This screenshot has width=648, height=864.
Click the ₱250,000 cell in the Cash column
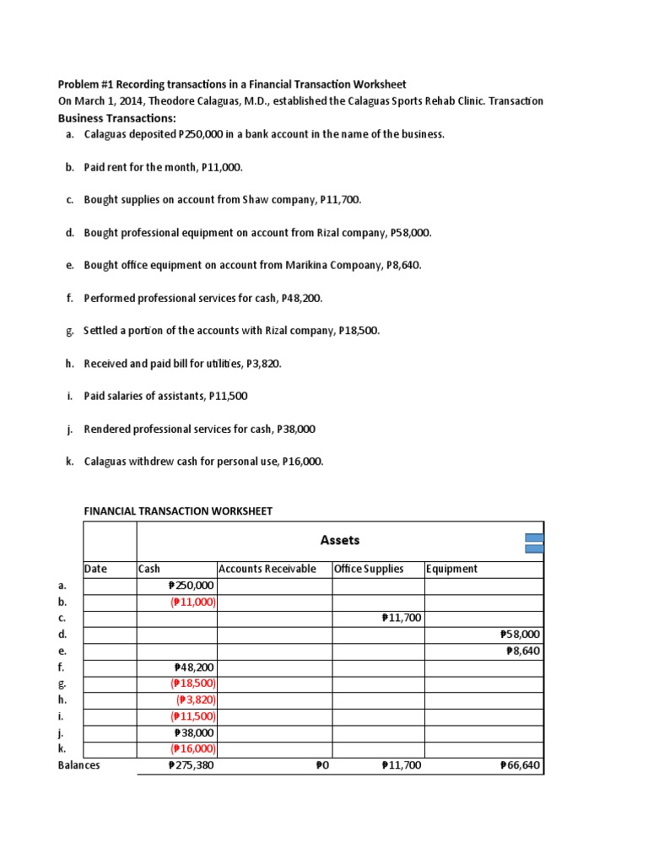(192, 586)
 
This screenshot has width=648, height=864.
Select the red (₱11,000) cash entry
(193, 602)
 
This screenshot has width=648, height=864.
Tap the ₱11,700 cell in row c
(402, 618)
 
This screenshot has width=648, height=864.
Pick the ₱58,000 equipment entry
(520, 634)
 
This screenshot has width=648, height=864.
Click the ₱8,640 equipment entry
(523, 651)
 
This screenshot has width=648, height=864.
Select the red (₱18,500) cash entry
(193, 683)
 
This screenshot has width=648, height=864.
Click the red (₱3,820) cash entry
(196, 699)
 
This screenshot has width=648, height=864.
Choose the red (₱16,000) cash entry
(193, 748)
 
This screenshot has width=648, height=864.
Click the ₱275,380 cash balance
(192, 765)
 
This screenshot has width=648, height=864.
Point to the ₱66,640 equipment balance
(520, 765)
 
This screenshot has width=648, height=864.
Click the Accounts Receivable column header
(267, 569)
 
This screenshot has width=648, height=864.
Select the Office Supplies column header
(369, 569)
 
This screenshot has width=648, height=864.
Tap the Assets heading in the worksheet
(340, 540)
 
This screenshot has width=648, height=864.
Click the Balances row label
(78, 765)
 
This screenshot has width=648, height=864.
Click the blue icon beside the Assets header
(534, 543)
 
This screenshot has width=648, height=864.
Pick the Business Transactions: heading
(116, 117)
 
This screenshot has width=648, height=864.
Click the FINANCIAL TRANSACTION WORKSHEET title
(178, 511)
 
